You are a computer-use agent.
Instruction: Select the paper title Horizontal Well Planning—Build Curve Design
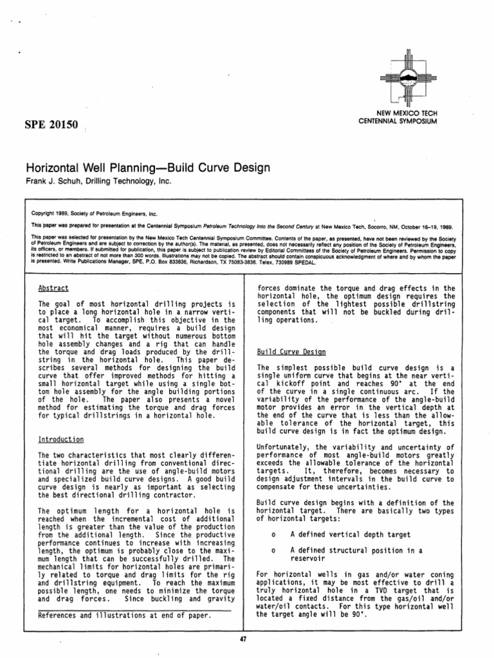coord(147,168)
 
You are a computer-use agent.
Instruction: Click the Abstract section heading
coord(53,289)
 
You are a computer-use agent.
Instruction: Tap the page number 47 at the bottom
coord(242,639)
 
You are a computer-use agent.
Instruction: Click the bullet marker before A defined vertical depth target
coord(274,533)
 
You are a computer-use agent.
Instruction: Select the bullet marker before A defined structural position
coord(274,550)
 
